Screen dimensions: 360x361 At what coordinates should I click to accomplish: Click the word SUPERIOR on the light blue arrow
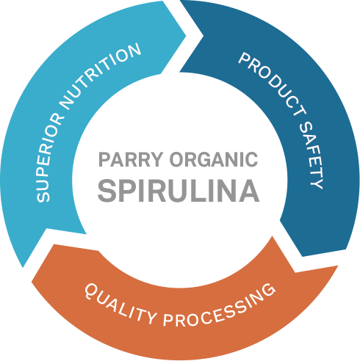point(49,157)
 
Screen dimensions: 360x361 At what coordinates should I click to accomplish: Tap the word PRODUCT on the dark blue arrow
point(272,83)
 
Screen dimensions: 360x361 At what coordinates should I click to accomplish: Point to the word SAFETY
point(312,156)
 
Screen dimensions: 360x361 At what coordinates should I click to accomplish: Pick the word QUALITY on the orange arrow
point(120,303)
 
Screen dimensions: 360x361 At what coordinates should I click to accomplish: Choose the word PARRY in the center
point(131,159)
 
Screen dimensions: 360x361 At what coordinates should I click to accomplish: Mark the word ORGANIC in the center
point(214,159)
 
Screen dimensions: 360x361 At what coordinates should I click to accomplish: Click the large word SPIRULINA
point(179,191)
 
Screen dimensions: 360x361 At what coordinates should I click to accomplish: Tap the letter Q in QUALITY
point(91,291)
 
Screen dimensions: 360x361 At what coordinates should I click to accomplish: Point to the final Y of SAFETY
point(317,183)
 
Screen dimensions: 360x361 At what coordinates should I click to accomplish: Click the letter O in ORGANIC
point(178,159)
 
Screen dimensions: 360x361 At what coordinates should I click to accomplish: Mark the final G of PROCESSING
point(268,291)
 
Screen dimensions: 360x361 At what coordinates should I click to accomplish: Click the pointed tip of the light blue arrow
point(186,36)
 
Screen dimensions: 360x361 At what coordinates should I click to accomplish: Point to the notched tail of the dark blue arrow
point(204,36)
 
